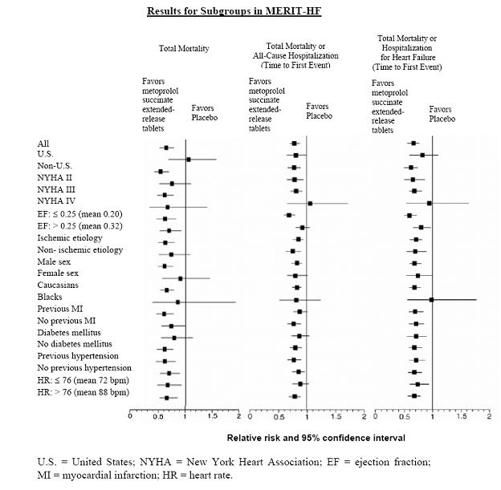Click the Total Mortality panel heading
184,49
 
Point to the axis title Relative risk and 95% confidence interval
316,438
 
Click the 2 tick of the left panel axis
238,416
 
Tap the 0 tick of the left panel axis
131,416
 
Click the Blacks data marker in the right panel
431,299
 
